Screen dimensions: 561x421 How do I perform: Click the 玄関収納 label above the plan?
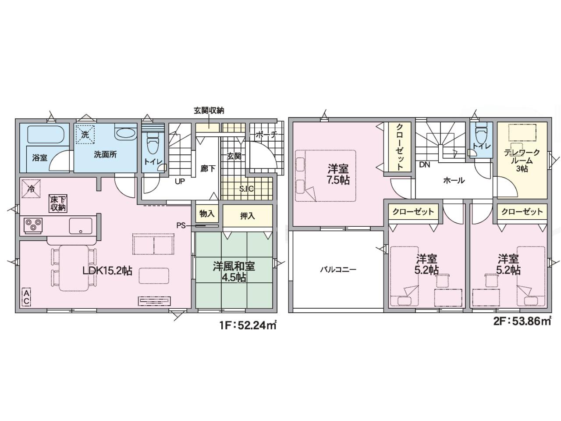point(209,111)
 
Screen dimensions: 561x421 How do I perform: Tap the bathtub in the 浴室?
point(45,134)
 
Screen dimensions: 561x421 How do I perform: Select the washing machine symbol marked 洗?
point(85,135)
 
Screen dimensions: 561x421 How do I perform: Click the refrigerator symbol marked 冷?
point(31,189)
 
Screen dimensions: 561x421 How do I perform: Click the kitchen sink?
point(81,225)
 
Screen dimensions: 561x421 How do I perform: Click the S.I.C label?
point(246,189)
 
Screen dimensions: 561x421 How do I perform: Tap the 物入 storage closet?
point(207,214)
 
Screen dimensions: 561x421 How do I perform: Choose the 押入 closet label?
point(247,216)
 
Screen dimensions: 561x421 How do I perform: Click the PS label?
point(181,226)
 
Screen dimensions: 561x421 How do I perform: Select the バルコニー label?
point(338,269)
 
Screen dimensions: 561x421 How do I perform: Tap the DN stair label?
point(425,165)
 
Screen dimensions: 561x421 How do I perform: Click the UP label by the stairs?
point(180,182)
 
